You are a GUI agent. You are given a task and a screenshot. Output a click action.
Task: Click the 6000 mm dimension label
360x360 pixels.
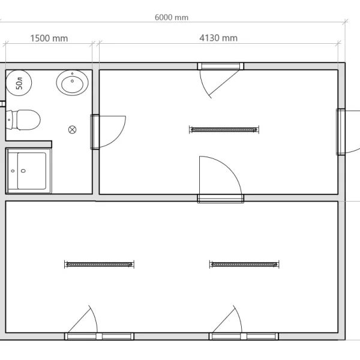click(172, 17)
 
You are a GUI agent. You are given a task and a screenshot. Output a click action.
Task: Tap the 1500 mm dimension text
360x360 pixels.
click(49, 38)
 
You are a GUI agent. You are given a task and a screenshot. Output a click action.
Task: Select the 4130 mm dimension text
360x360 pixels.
click(218, 38)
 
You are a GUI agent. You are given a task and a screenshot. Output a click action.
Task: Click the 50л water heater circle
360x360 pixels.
click(19, 83)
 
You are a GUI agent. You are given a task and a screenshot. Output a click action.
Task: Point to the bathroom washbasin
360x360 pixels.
click(73, 83)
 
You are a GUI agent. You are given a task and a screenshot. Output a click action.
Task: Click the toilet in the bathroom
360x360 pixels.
click(23, 120)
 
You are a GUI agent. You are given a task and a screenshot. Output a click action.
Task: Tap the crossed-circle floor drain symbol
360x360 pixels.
click(73, 130)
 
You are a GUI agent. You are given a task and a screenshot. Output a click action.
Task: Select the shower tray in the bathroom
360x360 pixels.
click(29, 171)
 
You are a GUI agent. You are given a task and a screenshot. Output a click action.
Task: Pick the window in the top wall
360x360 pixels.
click(220, 66)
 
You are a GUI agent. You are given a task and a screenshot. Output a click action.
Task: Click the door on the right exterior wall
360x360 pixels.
click(341, 132)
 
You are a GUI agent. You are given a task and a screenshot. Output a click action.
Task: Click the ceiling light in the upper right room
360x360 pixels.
click(224, 130)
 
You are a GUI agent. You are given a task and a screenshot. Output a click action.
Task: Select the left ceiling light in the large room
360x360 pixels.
click(99, 265)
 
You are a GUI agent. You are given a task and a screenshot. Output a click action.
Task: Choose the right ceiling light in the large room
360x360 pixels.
click(244, 265)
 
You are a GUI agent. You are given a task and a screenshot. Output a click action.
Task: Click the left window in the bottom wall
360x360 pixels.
click(99, 337)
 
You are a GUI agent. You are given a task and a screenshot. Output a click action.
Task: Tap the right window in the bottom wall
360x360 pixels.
click(244, 337)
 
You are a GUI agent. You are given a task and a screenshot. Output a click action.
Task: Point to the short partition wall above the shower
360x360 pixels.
click(29, 145)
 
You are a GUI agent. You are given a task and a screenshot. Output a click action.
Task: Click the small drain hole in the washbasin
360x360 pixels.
click(73, 81)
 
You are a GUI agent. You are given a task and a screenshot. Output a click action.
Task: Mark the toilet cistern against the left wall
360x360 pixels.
click(9, 120)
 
